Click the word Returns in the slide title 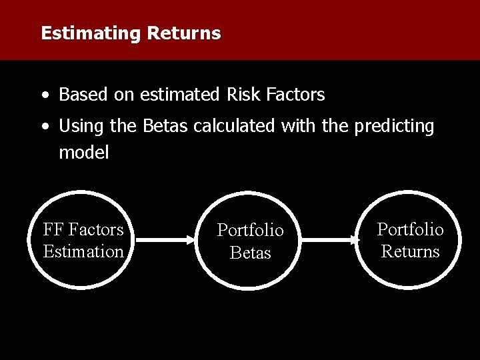tap(183, 33)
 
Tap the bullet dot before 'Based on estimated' tap(43, 95)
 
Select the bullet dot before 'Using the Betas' tap(43, 127)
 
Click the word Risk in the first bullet tap(244, 95)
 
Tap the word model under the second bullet tap(83, 152)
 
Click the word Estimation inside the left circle tap(83, 251)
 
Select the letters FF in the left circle tap(53, 229)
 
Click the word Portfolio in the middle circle tap(250, 230)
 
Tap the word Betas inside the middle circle tap(250, 253)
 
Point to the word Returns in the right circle tap(410, 251)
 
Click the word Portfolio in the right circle tap(410, 229)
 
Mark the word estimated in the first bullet tap(178, 95)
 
